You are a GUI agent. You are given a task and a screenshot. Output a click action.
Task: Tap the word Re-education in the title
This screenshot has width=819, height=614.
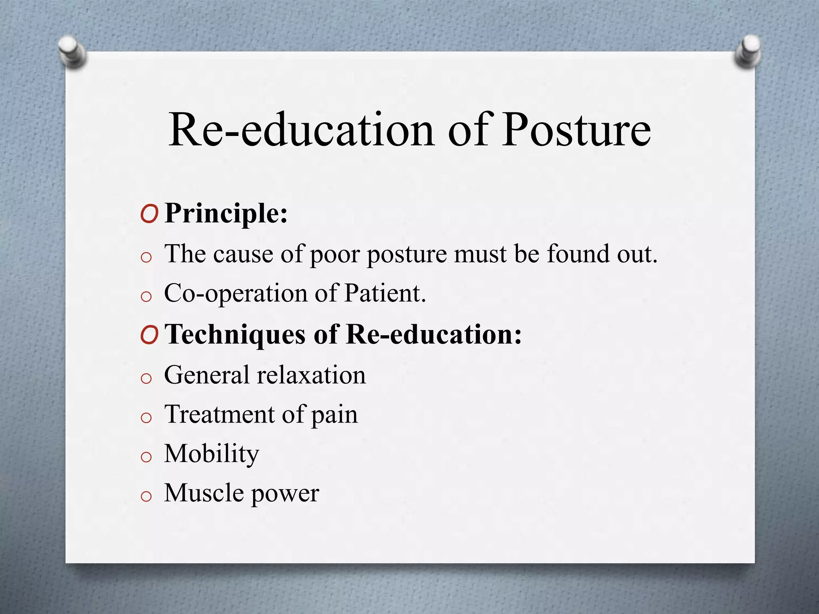301,130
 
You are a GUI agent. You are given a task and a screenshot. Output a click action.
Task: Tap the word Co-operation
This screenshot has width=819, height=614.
236,294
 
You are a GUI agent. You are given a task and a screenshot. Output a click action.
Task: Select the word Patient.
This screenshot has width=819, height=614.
385,293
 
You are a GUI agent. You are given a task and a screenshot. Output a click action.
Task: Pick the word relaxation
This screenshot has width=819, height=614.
311,375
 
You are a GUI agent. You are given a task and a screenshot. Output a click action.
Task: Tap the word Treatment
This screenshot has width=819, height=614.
219,414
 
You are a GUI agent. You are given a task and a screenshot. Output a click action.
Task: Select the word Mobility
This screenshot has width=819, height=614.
212,454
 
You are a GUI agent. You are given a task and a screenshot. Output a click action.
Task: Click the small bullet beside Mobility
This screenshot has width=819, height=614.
146,457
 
